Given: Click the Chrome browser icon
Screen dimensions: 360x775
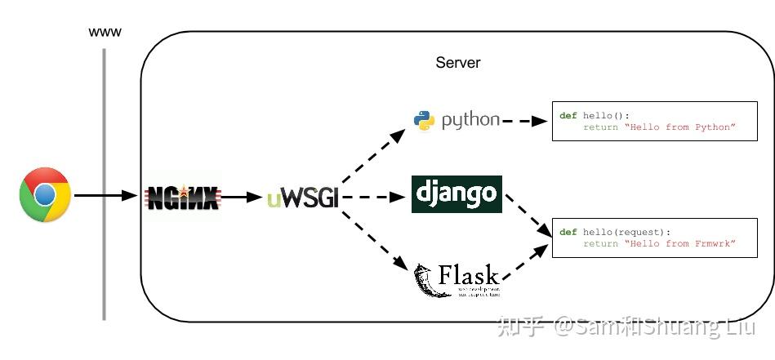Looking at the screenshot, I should pyautogui.click(x=45, y=195).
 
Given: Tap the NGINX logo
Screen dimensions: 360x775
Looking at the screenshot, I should pyautogui.click(x=182, y=197).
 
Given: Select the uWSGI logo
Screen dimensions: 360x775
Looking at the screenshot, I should pyautogui.click(x=302, y=198).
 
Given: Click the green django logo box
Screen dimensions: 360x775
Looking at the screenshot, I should pyautogui.click(x=457, y=194).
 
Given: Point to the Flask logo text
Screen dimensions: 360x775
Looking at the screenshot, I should pyautogui.click(x=469, y=274).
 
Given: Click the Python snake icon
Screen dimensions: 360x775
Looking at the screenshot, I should pyautogui.click(x=424, y=121).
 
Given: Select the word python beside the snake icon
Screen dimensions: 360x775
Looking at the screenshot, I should pyautogui.click(x=470, y=120).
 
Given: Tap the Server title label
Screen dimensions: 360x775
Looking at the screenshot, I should pyautogui.click(x=458, y=63).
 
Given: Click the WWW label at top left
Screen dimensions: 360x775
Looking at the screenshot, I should pyautogui.click(x=105, y=32).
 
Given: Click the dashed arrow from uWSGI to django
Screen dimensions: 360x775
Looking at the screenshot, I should pyautogui.click(x=374, y=197).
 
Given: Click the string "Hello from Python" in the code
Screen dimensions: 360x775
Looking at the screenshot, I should pyautogui.click(x=680, y=127).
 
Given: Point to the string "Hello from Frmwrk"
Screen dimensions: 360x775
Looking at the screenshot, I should pyautogui.click(x=680, y=244).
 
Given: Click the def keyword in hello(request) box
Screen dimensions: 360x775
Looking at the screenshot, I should pyautogui.click(x=568, y=233).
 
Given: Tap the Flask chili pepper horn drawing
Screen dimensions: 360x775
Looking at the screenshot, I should pyautogui.click(x=425, y=280).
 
